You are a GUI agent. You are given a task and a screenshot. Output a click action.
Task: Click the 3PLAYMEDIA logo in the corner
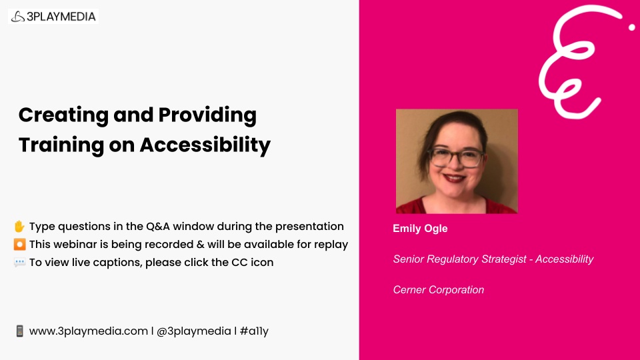coord(53,16)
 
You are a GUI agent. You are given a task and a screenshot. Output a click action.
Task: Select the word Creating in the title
coord(63,116)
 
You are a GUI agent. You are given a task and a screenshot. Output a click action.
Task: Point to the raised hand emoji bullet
coord(19,226)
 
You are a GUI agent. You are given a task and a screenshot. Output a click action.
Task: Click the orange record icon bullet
coord(19,244)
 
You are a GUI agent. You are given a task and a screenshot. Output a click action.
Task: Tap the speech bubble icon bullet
coord(19,262)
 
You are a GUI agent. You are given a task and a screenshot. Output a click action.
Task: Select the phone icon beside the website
coord(19,331)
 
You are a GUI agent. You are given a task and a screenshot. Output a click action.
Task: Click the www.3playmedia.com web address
coord(89,331)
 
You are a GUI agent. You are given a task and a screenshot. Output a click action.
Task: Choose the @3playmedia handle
coord(194,331)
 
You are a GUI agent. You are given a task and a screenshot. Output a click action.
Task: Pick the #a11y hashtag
coord(254,331)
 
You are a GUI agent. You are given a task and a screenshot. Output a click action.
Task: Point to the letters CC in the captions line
coord(239,262)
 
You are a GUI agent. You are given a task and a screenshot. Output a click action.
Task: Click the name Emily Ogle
coord(420,229)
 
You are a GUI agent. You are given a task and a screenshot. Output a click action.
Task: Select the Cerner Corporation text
coord(439,290)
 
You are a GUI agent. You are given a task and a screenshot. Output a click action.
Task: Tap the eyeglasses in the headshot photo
coord(456,157)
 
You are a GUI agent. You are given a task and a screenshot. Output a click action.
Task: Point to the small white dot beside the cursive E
coord(631,27)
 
